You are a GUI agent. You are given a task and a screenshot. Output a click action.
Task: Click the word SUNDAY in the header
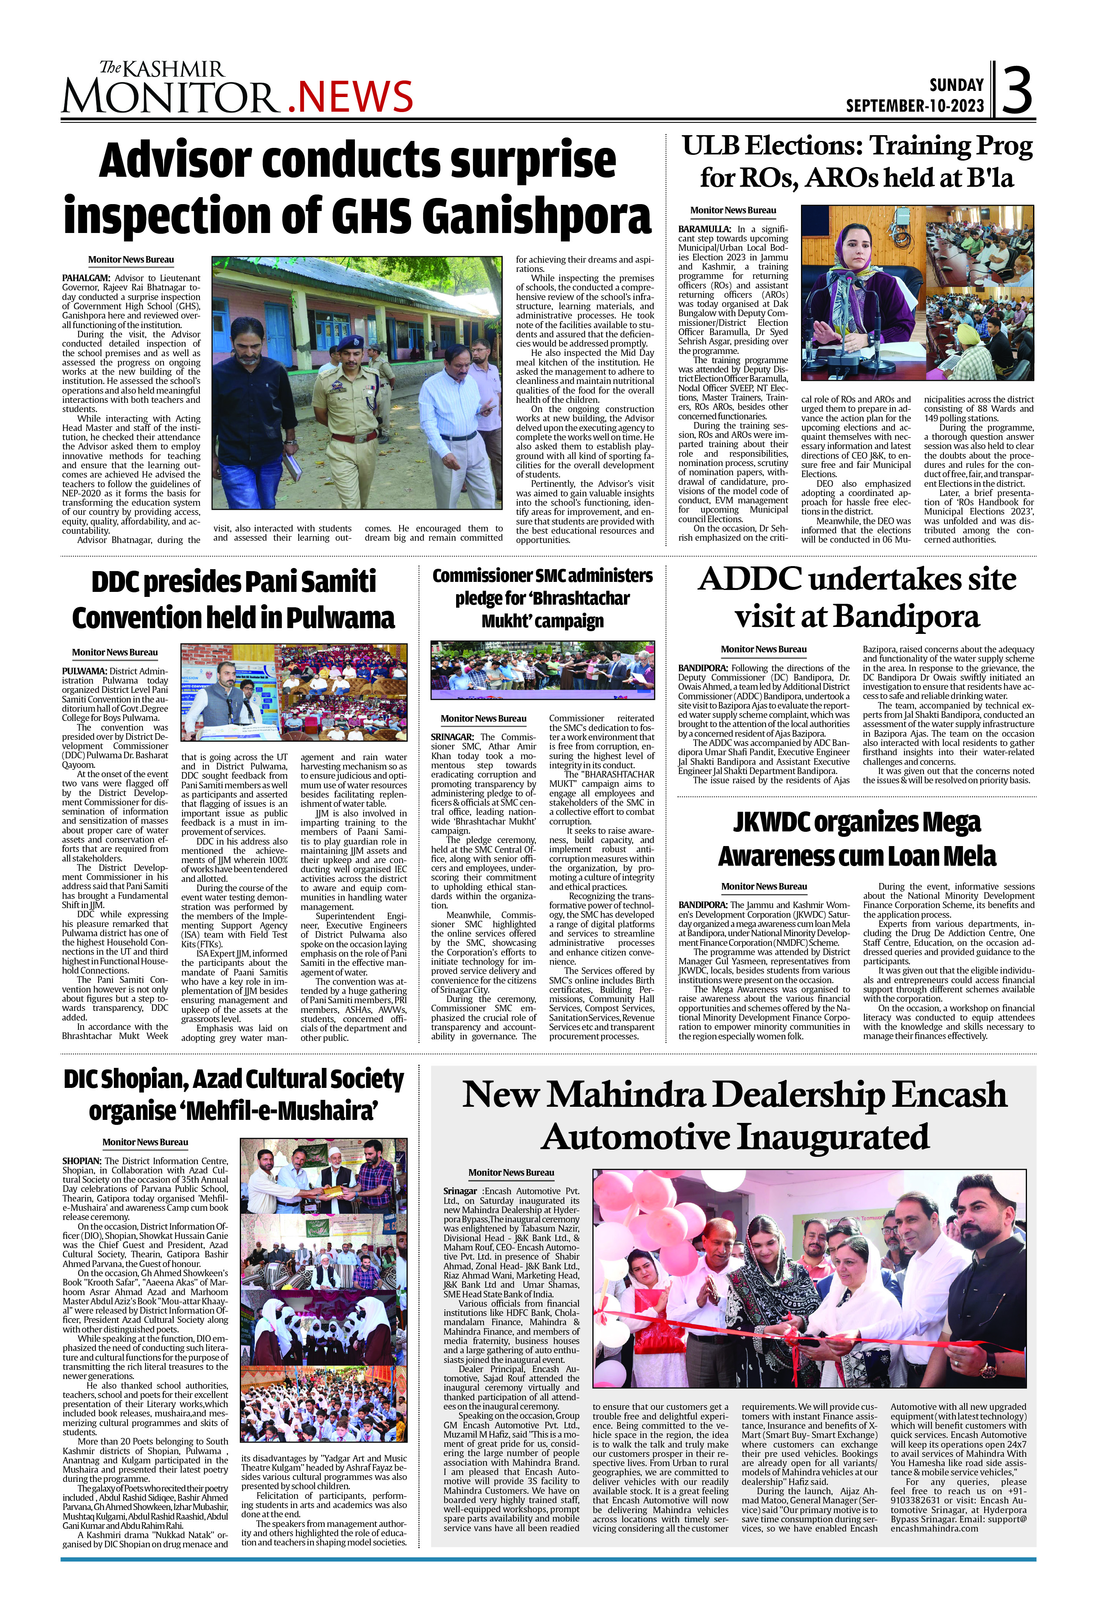tap(956, 85)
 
